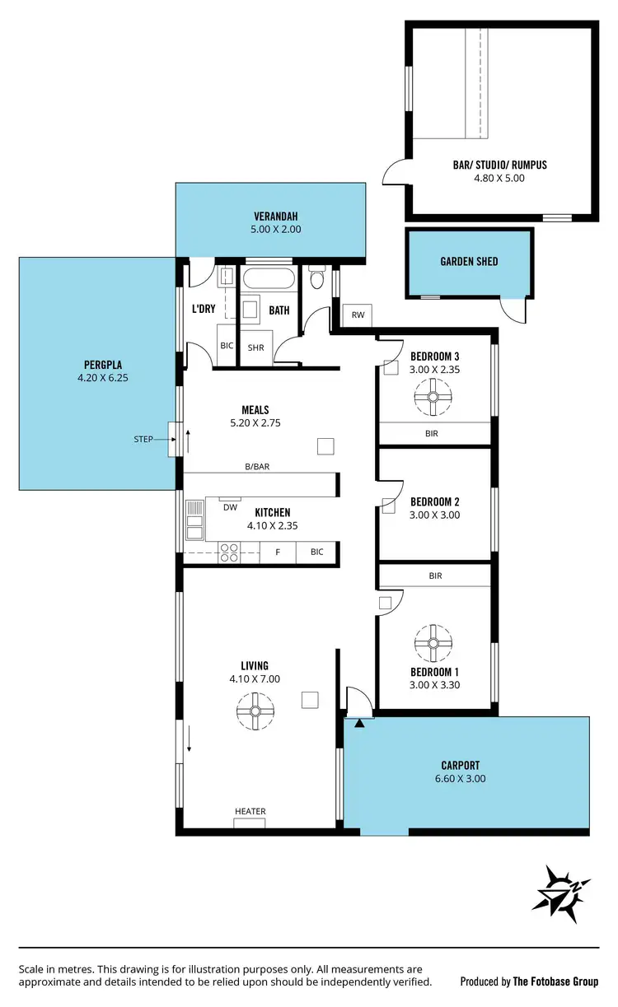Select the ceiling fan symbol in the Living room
tap(255, 711)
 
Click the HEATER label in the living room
tap(250, 812)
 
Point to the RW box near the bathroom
tap(358, 315)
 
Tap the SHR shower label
tap(255, 348)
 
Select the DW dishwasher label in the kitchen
tap(231, 507)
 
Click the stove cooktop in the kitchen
tap(228, 552)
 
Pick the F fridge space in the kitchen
tap(278, 552)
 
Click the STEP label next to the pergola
tap(143, 440)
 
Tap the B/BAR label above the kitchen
tap(257, 467)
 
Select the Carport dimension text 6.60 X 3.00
tap(460, 778)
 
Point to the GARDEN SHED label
tap(469, 262)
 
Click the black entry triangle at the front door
tap(359, 724)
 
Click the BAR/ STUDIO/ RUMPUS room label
tap(499, 165)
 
